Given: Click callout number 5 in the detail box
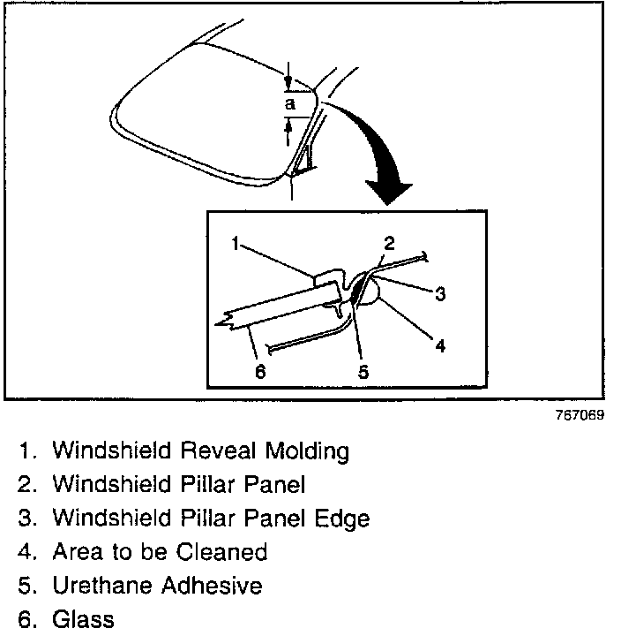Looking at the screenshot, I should pos(363,372).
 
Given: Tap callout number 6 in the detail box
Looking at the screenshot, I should pos(259,372).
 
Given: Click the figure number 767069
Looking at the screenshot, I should pos(580,416).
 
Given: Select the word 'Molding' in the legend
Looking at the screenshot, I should pos(304,451).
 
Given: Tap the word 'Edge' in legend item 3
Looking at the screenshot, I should pos(343,518).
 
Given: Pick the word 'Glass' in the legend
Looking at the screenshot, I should pos(83,619).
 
